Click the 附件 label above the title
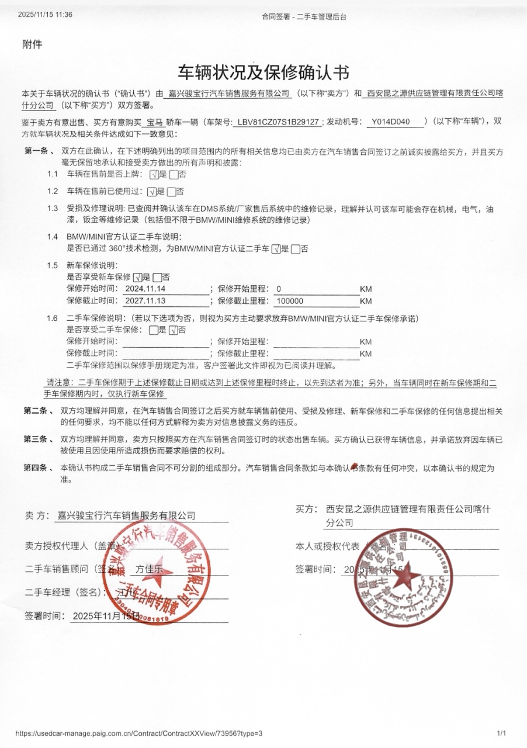click(32, 44)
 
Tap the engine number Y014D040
click(395, 122)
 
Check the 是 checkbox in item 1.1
click(154, 174)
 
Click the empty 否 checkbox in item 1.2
click(171, 191)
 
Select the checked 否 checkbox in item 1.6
click(172, 330)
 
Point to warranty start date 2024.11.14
click(146, 289)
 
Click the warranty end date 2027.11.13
click(146, 301)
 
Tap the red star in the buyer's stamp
click(404, 578)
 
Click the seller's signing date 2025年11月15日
click(106, 615)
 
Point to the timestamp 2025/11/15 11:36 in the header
click(46, 15)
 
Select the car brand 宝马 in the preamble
click(155, 122)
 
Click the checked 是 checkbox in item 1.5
click(138, 277)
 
